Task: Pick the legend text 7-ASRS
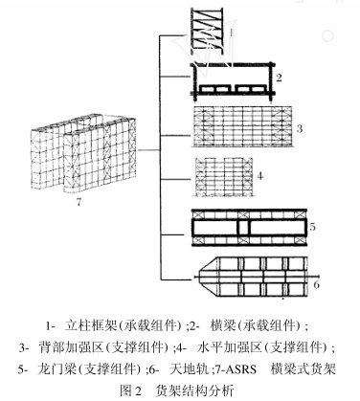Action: [x=243, y=366]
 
